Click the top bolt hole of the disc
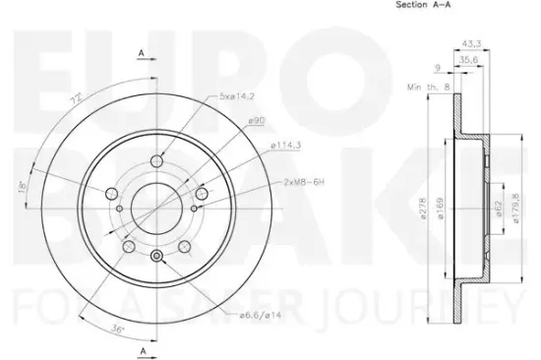[x=157, y=161]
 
